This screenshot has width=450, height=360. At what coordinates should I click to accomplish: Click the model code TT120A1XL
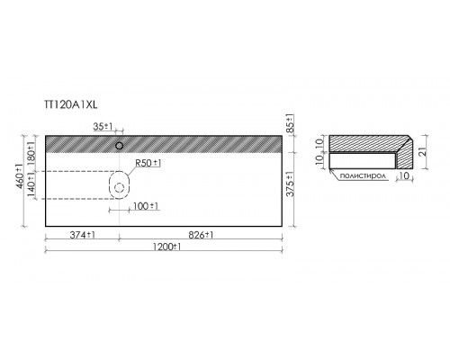71,104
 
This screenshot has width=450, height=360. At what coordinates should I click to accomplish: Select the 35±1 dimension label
103,127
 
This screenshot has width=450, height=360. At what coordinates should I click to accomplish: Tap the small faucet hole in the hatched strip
120,146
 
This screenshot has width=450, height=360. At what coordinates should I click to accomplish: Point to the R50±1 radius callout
148,163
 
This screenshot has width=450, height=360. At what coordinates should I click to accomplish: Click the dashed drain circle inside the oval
120,188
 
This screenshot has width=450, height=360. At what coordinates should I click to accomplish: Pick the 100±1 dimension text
146,206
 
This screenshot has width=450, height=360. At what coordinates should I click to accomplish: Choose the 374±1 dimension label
83,235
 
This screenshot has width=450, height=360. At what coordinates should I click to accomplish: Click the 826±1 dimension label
201,235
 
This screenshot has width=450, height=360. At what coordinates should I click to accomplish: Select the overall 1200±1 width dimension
166,247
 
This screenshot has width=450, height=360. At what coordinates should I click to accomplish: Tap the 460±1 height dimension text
20,176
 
